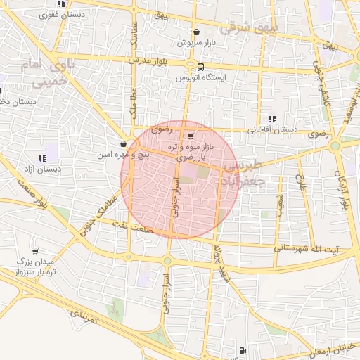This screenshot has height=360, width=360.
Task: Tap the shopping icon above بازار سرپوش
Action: click(x=196, y=32)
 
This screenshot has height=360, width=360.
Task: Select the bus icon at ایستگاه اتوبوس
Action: click(x=202, y=67)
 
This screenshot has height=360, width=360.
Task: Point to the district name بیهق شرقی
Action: click(x=250, y=29)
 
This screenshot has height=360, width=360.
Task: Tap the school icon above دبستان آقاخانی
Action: click(x=272, y=120)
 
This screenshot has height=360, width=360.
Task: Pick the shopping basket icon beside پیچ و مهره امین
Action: click(x=124, y=143)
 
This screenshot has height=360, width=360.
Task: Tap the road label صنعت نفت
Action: click(x=141, y=223)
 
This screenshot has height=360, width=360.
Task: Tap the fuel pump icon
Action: click(x=243, y=350)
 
